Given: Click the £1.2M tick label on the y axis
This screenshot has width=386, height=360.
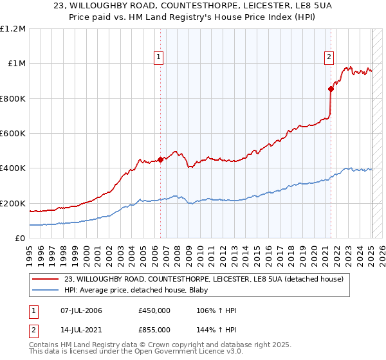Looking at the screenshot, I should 13,29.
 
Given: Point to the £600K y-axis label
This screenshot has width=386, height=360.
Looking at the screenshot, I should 13,134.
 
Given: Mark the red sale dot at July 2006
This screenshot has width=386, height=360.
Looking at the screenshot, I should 160,160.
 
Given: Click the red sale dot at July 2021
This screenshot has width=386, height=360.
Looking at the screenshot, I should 331,89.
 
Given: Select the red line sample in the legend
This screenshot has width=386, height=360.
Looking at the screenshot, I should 46,279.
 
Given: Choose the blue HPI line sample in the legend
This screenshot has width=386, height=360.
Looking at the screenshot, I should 46,291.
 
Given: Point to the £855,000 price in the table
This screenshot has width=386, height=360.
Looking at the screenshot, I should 154,329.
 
